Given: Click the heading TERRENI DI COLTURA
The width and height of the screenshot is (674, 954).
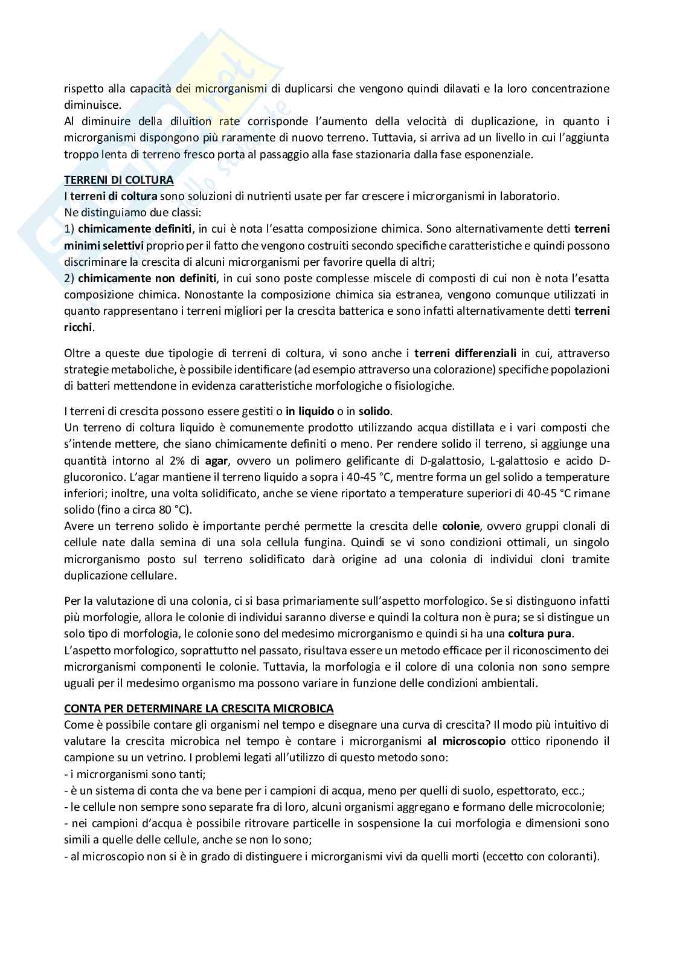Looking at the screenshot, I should tap(119, 180).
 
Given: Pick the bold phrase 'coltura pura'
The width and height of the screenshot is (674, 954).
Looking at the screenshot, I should tap(540, 634).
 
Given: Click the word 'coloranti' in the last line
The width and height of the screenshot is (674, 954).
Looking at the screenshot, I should tap(572, 856).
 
